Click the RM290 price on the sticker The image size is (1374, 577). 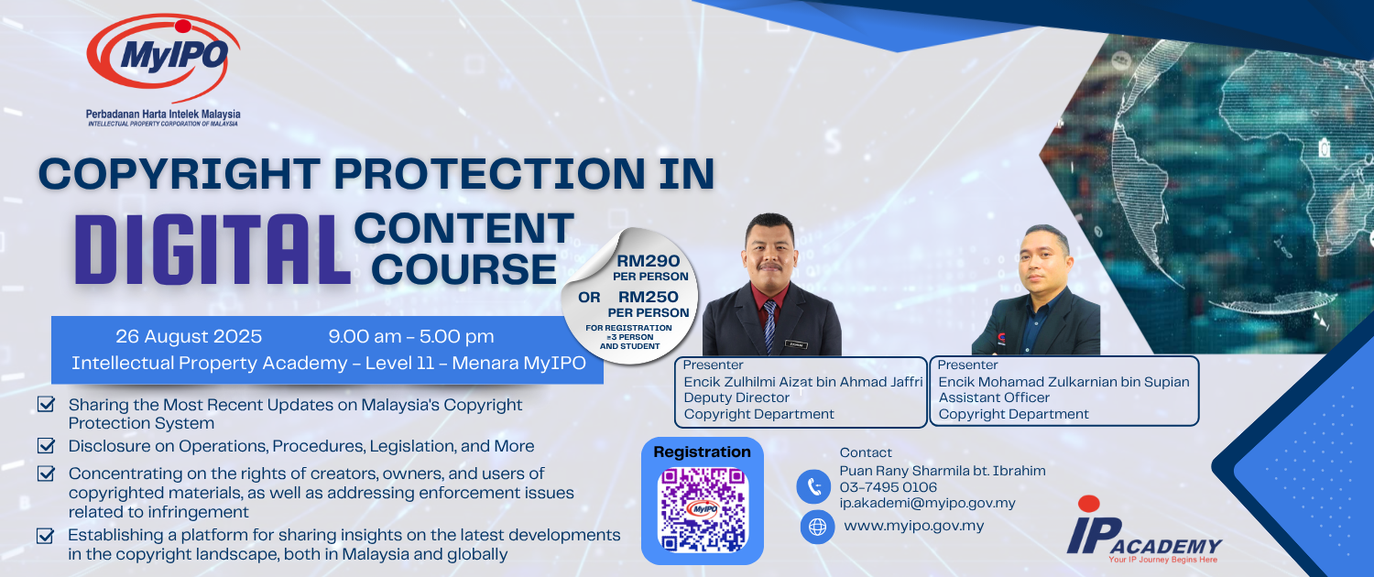click(x=649, y=261)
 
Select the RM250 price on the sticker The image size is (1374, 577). click(x=649, y=297)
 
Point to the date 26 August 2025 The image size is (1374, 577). click(x=189, y=336)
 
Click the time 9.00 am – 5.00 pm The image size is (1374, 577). click(x=411, y=336)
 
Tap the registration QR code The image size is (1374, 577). click(x=703, y=509)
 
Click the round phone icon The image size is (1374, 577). click(x=814, y=487)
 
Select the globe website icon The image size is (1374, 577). click(x=817, y=527)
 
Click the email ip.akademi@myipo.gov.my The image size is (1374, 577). click(x=927, y=503)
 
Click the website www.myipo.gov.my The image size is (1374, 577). click(x=914, y=526)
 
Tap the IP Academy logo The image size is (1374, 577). click(x=1144, y=530)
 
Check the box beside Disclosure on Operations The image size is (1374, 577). click(x=46, y=445)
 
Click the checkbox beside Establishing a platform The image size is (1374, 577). click(x=46, y=535)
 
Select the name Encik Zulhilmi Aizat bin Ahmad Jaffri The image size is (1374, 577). click(x=803, y=382)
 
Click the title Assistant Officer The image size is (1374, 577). click(x=994, y=397)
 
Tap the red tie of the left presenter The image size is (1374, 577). click(x=769, y=325)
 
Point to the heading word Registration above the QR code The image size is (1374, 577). click(x=702, y=452)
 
